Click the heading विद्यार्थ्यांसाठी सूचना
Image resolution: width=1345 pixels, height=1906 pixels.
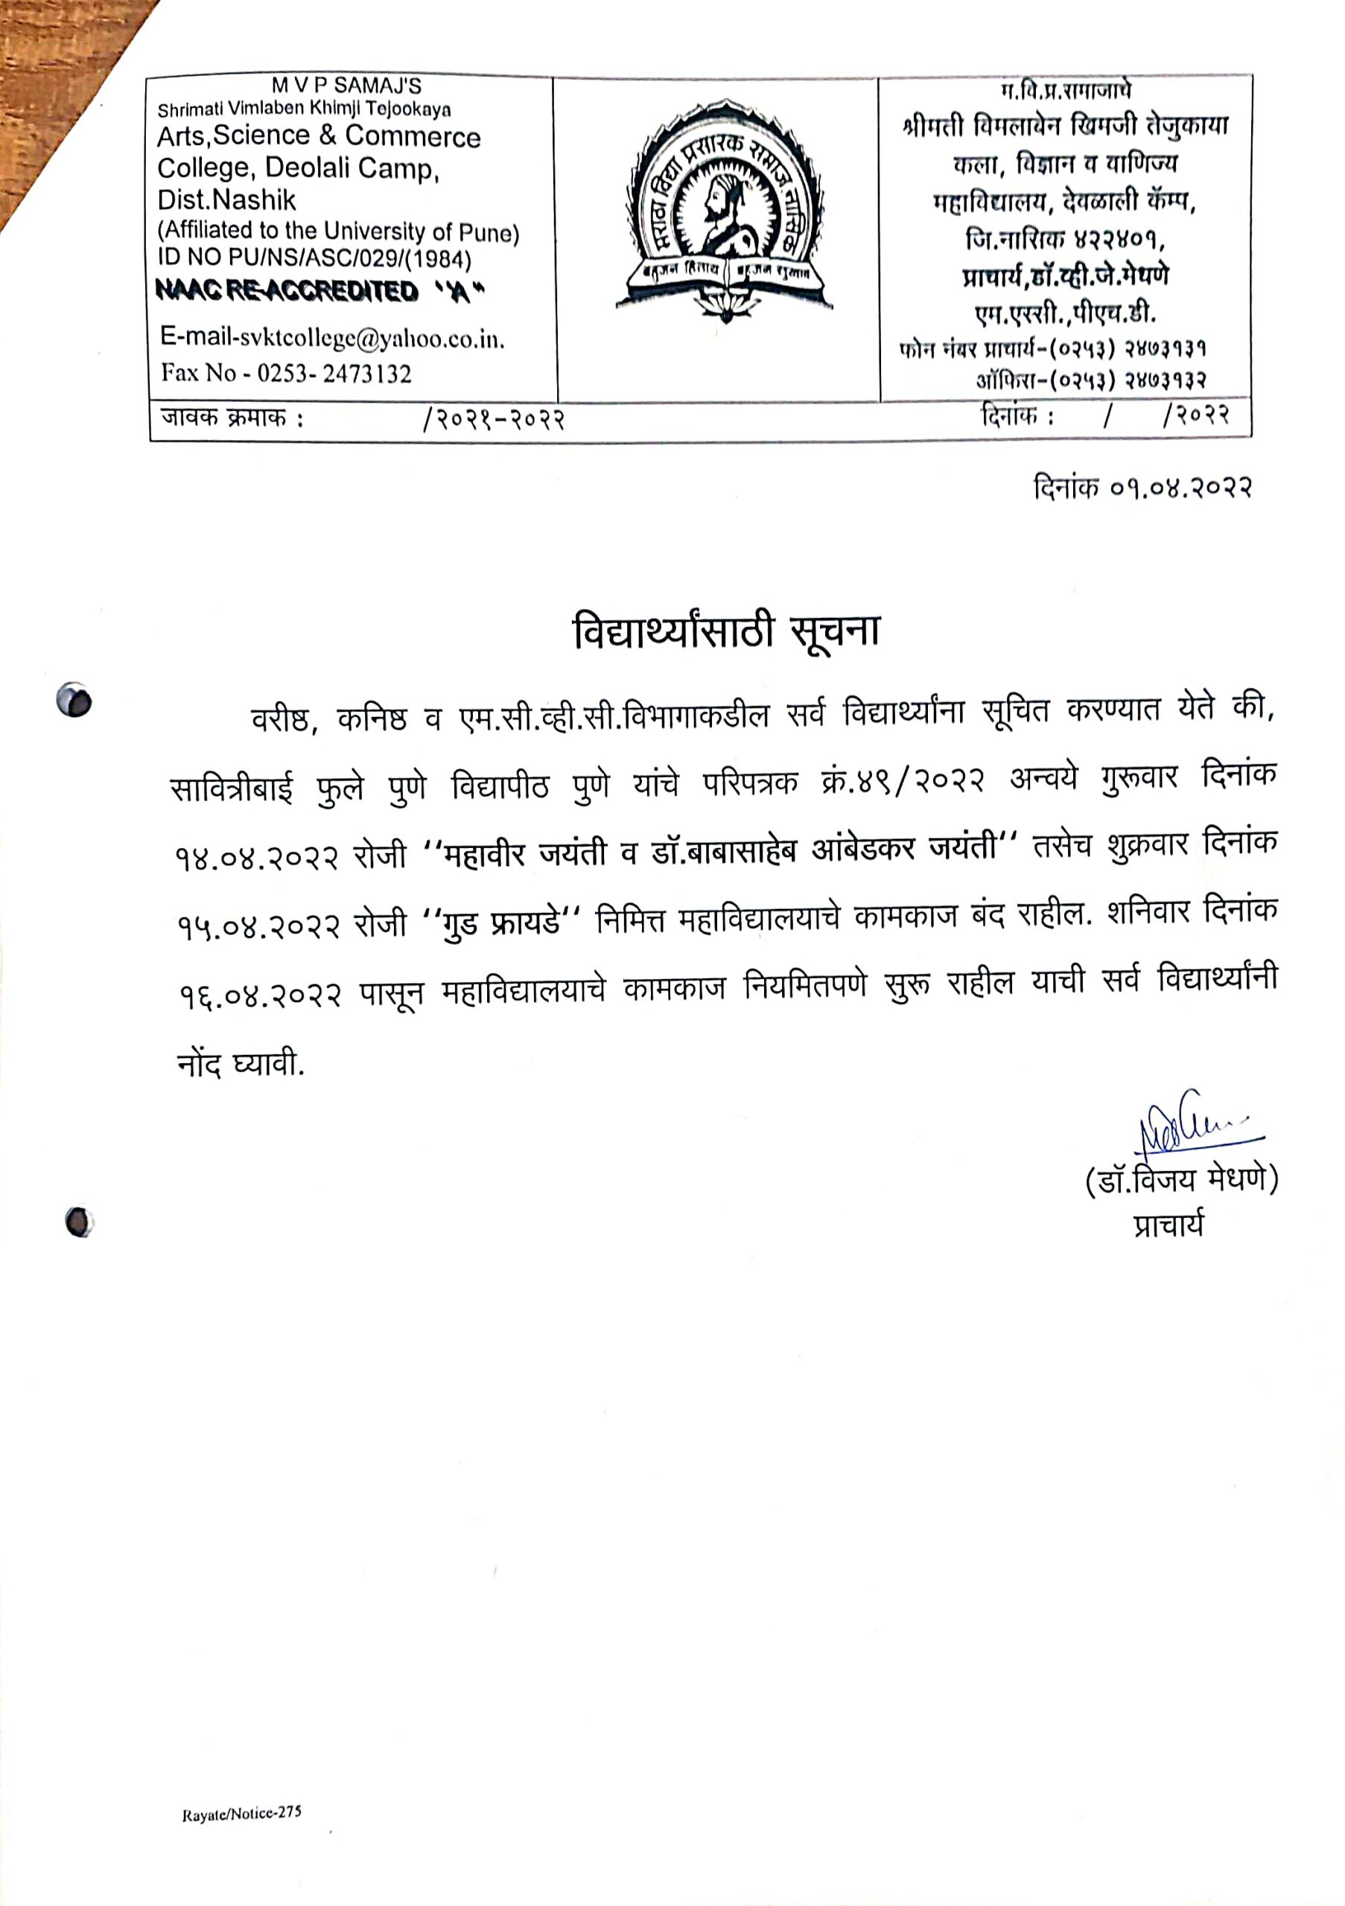[726, 633]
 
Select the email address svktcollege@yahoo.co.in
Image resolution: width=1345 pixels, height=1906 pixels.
[332, 338]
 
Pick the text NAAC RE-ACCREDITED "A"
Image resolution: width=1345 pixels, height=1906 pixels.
[320, 291]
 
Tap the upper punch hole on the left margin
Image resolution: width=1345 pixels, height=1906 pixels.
[74, 701]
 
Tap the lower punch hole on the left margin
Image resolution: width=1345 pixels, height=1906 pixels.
[78, 1222]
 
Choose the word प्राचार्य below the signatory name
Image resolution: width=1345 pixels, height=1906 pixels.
[1168, 1225]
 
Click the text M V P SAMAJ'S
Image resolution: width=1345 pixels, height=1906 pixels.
[346, 86]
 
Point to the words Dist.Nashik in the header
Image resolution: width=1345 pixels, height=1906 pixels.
[226, 200]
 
